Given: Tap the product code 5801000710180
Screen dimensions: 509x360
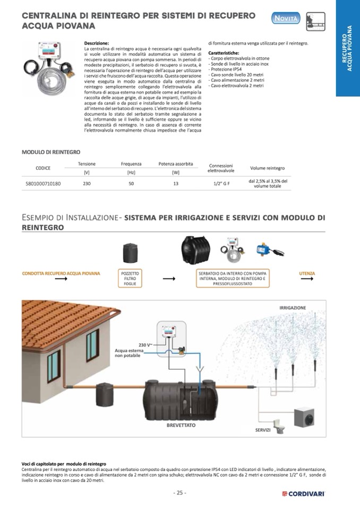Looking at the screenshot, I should click(43, 184).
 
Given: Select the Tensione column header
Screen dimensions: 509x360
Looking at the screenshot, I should click(87, 164).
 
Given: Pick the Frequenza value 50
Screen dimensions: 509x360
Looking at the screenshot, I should click(131, 184).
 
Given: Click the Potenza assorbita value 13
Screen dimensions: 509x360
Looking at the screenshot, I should click(176, 184).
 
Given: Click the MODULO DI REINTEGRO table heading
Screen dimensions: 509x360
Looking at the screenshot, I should click(51, 152).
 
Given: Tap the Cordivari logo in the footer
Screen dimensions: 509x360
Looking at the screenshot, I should click(303, 494).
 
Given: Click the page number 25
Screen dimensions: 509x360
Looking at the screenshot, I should click(179, 493).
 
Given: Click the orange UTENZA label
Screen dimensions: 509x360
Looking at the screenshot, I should click(307, 274).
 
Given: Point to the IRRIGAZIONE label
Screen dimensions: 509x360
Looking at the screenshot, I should click(293, 307).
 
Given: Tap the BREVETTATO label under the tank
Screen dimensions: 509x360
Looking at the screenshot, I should click(181, 425).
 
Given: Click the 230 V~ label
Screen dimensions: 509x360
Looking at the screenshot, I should click(145, 344).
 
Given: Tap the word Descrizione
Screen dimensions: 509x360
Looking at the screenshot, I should click(97, 43).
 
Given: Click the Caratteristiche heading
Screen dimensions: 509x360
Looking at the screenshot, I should click(224, 53).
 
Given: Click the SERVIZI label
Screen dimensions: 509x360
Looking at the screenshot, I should click(263, 429).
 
